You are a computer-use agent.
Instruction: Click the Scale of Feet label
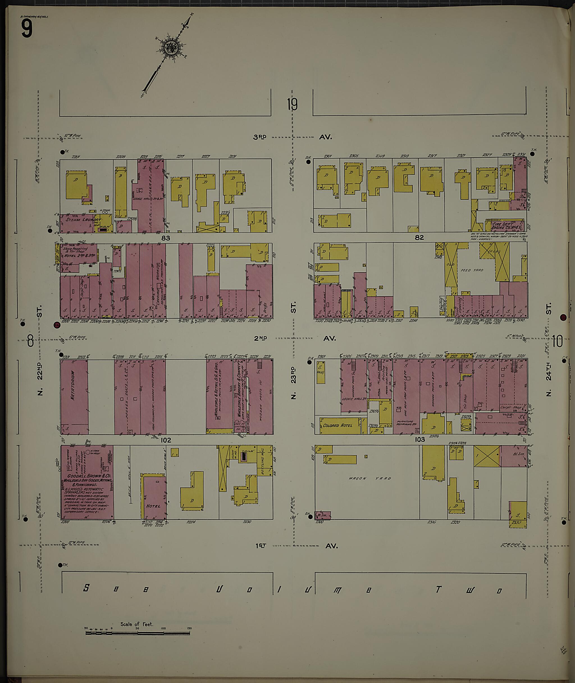[136, 624]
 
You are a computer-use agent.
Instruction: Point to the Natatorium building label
[73, 389]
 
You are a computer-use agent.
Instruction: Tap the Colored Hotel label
[338, 426]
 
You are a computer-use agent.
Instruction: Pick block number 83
[166, 238]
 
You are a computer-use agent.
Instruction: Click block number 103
[419, 440]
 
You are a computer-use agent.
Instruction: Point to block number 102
[166, 440]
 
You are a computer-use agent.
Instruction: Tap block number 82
[419, 238]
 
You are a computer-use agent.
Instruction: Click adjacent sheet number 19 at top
[292, 105]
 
